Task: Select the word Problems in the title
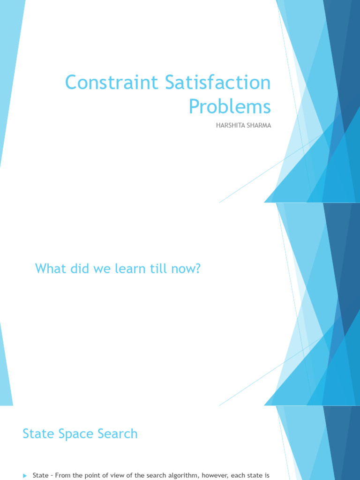[230, 106]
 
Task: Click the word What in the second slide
[48, 269]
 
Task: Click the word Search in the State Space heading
[117, 434]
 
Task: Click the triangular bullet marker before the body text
[25, 476]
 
